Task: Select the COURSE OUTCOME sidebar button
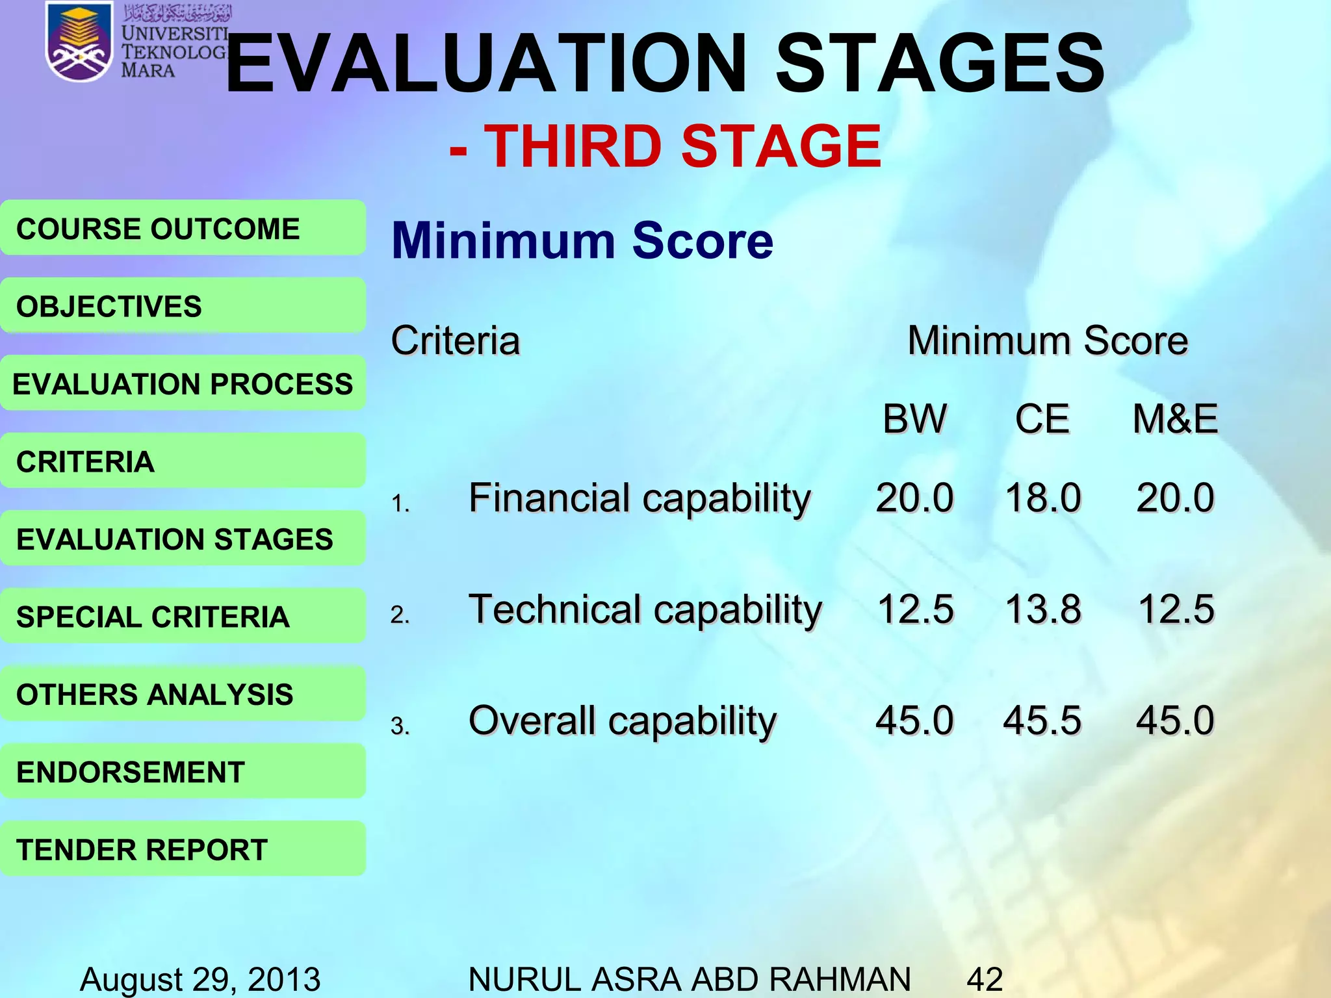tap(183, 228)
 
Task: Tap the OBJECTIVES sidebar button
tap(183, 305)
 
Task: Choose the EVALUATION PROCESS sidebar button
tap(183, 383)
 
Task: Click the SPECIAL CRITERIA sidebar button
tap(183, 616)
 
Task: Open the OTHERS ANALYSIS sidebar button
tap(183, 694)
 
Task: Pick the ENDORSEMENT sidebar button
tap(183, 771)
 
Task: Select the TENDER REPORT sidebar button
tap(183, 849)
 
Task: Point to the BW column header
tap(914, 419)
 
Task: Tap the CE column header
tap(1042, 419)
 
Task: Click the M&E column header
tap(1175, 419)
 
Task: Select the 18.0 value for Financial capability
tap(1042, 498)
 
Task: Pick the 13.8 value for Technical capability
tap(1042, 610)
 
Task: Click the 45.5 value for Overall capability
tap(1042, 721)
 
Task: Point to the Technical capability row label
tap(645, 610)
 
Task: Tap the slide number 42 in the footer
tap(985, 979)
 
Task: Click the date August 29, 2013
tap(200, 979)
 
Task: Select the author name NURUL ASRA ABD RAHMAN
tap(689, 979)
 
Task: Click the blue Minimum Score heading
tap(582, 240)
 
